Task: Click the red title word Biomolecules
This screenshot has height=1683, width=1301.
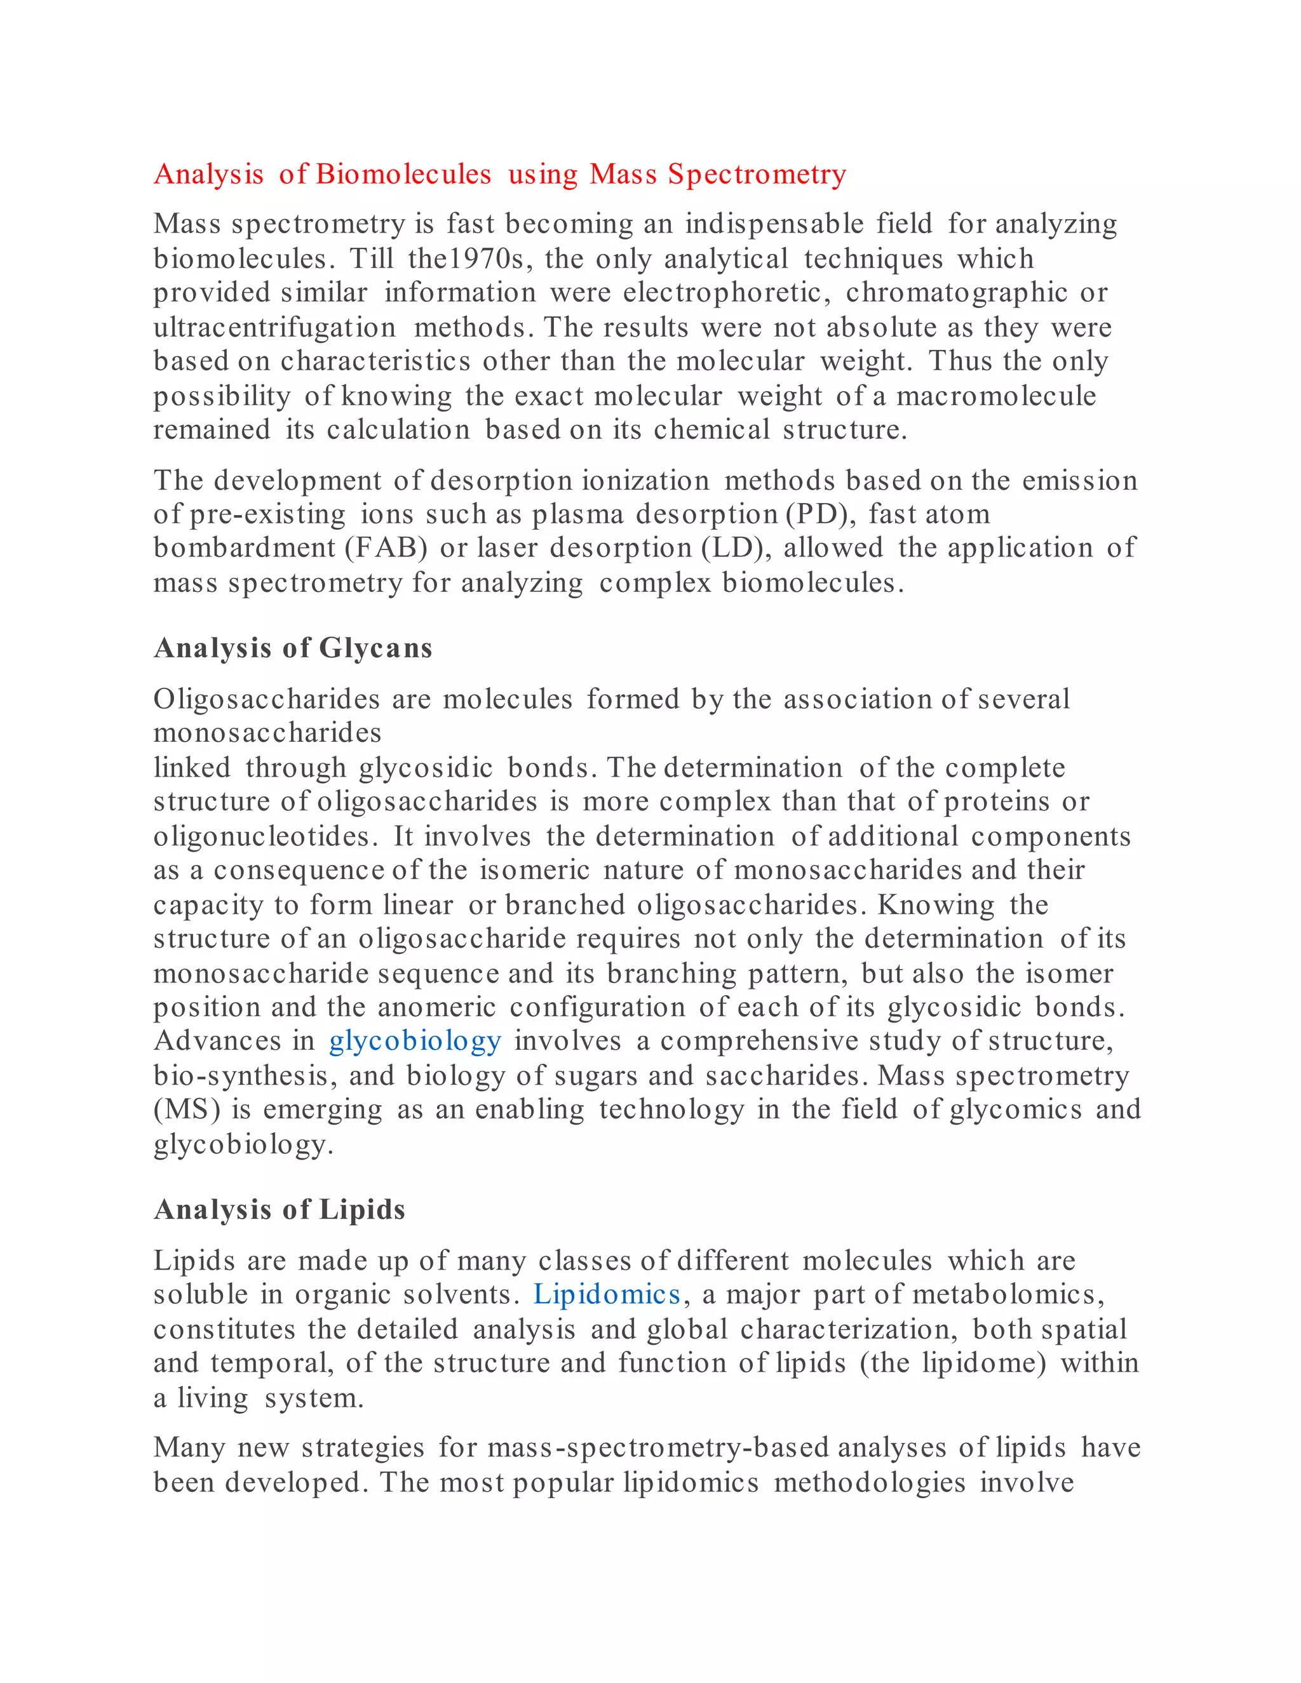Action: tap(403, 174)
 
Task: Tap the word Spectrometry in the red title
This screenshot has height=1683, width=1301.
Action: tap(757, 174)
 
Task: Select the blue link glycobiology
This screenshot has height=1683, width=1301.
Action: tap(415, 1041)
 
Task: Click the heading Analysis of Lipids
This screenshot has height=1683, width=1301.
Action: tap(279, 1210)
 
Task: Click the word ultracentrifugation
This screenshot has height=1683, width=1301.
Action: tap(274, 328)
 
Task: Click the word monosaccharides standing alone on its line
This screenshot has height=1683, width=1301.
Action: tap(267, 733)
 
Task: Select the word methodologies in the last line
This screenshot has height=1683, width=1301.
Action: tap(870, 1483)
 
